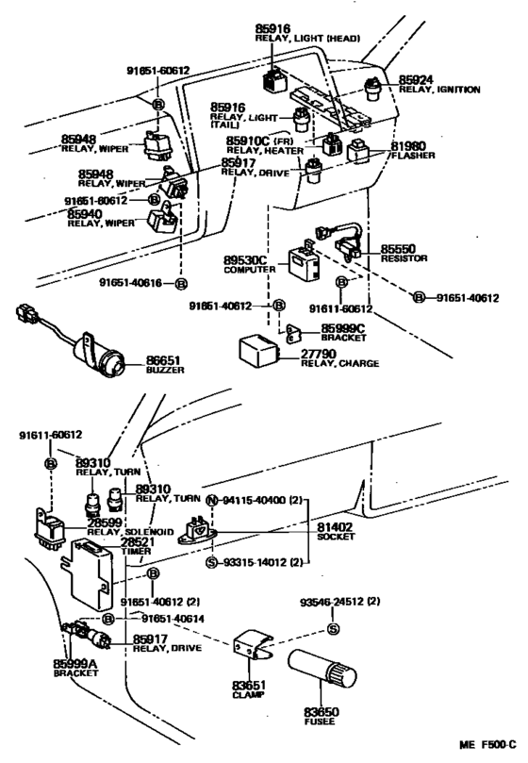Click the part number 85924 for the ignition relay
pos(416,79)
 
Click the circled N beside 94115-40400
pos(211,499)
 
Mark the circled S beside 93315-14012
pos(211,562)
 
